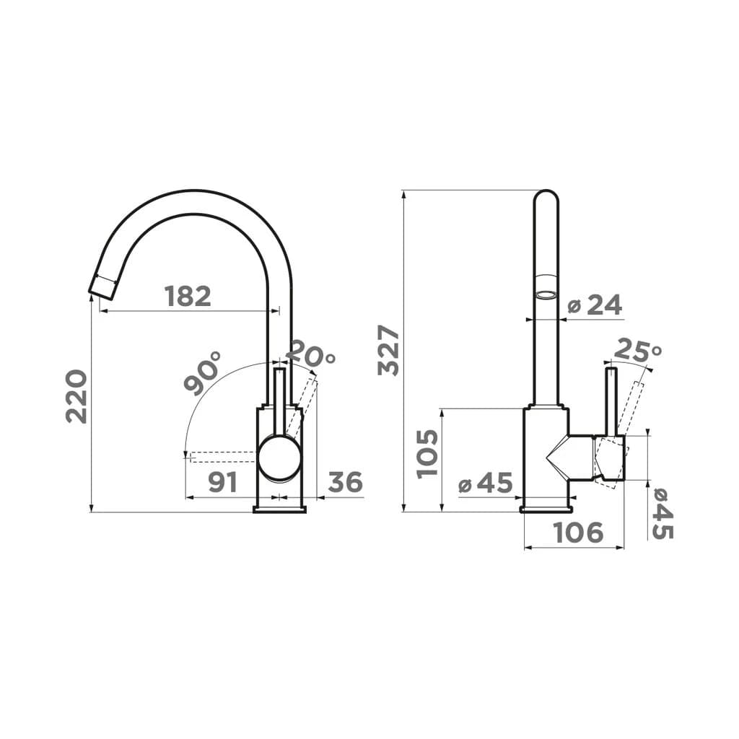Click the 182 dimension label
[x=188, y=296]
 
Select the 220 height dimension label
[x=76, y=396]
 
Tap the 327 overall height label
[x=388, y=350]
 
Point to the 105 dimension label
[x=427, y=453]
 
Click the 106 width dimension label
[x=578, y=532]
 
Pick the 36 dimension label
[x=345, y=481]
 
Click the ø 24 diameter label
[x=595, y=305]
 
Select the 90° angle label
[x=202, y=373]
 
